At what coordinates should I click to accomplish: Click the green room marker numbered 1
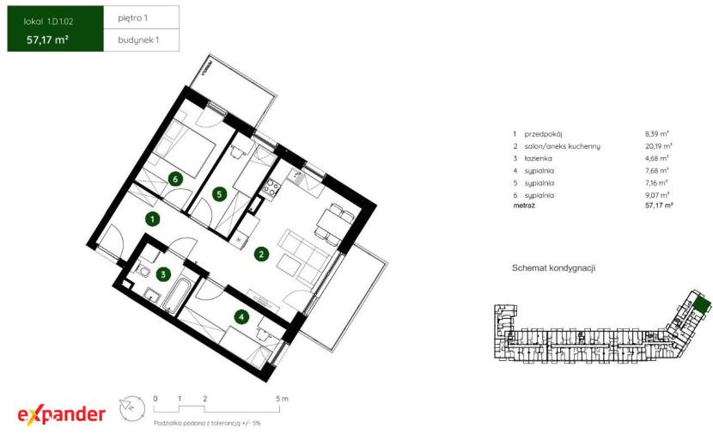coord(152,219)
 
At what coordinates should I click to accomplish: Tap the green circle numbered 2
coord(261,254)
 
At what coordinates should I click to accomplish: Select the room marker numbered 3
coord(163,274)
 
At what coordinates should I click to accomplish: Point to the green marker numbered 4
coord(241,317)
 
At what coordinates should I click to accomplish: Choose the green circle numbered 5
coord(220,194)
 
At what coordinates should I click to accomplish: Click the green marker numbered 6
coord(175,179)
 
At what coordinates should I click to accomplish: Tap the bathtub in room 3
coord(174,295)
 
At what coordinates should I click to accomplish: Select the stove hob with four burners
coord(270,188)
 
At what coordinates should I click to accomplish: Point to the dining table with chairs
coord(334,222)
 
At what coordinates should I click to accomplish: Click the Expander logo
coord(61,414)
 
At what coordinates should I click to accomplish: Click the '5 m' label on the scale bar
coord(282,399)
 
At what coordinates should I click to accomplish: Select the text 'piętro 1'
coord(133,18)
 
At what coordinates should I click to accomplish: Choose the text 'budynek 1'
coord(138,40)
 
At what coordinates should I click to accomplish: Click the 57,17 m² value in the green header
coord(47,40)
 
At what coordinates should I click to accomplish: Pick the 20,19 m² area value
coord(658,146)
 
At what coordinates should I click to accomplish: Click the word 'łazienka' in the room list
coord(538,158)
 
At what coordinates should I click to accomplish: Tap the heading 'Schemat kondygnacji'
coord(553,268)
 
